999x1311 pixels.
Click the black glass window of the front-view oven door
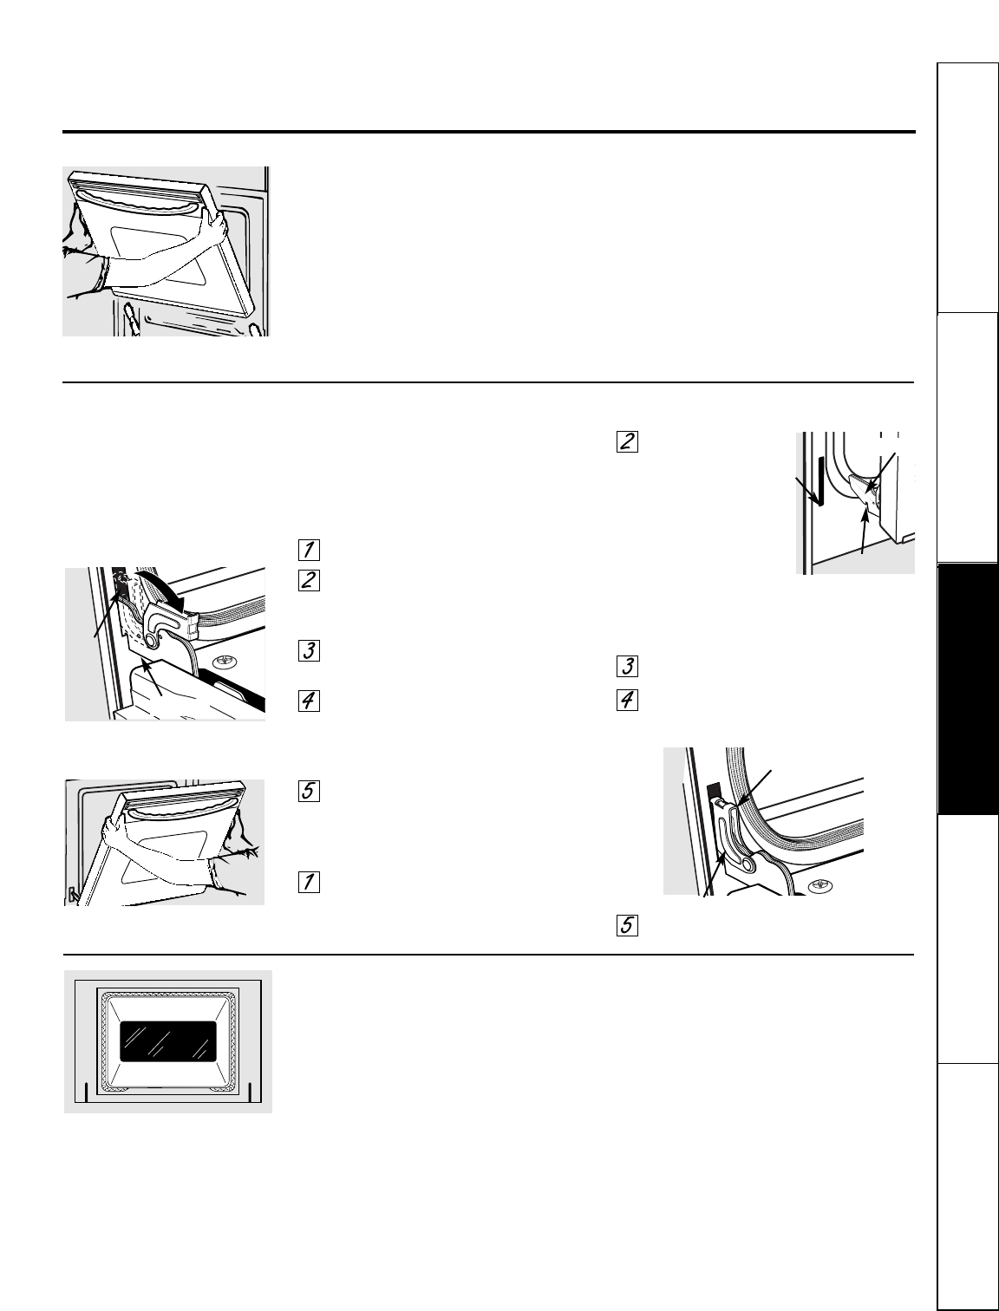tap(168, 1040)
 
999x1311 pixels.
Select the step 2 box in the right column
tap(627, 441)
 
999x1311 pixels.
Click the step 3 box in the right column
tap(627, 667)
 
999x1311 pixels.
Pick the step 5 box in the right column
tap(627, 926)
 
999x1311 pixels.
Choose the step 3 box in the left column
tap(309, 650)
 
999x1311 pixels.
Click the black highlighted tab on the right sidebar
tap(966, 689)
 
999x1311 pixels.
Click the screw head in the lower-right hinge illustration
tap(817, 885)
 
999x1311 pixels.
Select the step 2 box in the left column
tap(309, 580)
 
